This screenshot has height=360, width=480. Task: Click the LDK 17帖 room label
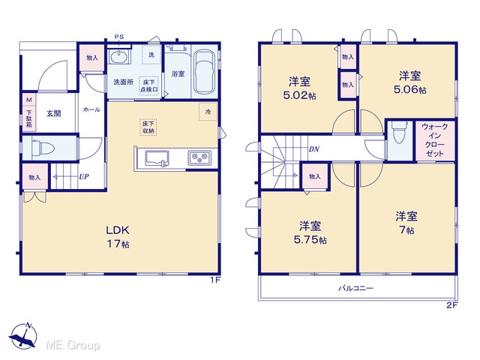pos(118,236)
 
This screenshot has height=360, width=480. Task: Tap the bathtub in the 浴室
pos(204,72)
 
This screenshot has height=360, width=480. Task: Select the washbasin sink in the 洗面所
pos(119,57)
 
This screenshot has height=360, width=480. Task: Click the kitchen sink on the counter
pos(157,158)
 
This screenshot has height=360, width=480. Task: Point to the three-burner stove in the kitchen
pos(199,158)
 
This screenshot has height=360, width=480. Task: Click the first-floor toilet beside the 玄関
pos(43,148)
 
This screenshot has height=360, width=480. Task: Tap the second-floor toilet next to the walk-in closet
pos(399,133)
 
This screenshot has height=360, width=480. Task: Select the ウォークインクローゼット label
pos(435,140)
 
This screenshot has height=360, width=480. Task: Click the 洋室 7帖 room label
pos(406,223)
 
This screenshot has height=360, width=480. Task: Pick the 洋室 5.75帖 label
pos(310,232)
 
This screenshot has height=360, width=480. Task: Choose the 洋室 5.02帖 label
pos(299,88)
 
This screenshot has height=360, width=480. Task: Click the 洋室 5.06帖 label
pos(410,82)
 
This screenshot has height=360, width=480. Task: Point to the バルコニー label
pos(355,288)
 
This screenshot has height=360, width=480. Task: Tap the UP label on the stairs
pos(84,177)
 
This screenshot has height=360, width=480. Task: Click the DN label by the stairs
pos(314,149)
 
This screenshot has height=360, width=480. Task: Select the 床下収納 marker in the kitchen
pos(148,127)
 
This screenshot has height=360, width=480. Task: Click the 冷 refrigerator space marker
pos(208,112)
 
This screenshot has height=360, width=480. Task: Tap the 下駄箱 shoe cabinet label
pos(28,118)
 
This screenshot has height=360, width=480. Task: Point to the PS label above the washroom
pos(119,37)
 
